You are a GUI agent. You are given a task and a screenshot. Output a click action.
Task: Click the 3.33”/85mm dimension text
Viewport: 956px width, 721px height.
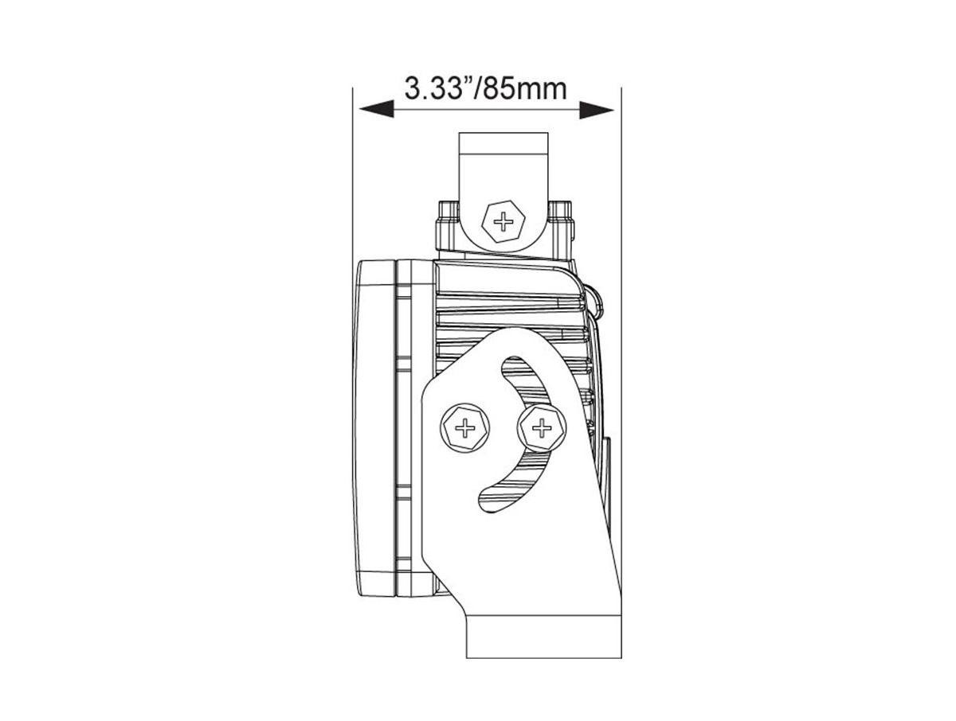point(485,88)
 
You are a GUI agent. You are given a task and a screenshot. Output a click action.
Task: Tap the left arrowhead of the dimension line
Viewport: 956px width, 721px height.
point(376,109)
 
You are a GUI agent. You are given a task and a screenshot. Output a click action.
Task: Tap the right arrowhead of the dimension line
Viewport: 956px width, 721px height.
point(596,109)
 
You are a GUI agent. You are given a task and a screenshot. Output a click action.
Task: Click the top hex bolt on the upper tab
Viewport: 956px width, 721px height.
point(503,222)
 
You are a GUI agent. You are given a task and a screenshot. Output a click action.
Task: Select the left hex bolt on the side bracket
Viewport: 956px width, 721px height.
point(464,428)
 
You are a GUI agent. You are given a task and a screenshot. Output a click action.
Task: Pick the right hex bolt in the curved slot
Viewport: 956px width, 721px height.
point(542,428)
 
